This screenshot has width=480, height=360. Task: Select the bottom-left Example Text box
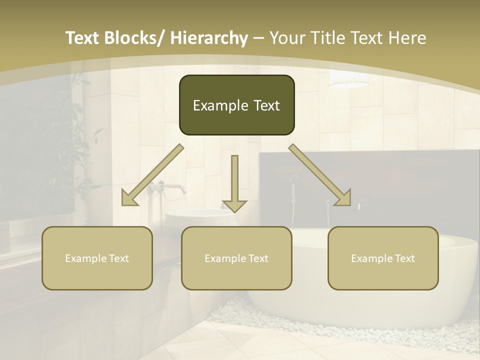coord(97,258)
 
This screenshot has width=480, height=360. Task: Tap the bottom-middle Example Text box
coord(236,258)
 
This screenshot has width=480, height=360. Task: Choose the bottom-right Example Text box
coord(383,258)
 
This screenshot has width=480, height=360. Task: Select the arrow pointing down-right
coord(320,175)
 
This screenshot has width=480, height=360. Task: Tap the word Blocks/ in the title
coord(132,38)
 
